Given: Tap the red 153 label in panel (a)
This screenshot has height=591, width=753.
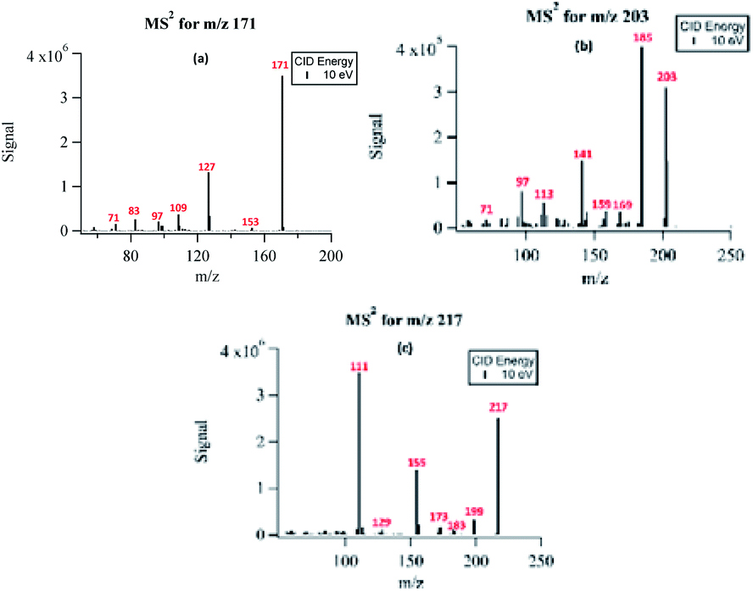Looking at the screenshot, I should (250, 221).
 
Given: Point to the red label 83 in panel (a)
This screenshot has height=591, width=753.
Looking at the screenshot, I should (135, 210).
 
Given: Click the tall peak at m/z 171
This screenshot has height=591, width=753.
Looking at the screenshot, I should (282, 153).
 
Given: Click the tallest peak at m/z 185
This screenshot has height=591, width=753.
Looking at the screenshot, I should (641, 136).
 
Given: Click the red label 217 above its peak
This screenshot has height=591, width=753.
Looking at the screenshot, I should (498, 408).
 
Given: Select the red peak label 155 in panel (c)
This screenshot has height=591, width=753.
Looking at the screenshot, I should (416, 463).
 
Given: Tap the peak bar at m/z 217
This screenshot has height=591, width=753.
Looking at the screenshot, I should (498, 475).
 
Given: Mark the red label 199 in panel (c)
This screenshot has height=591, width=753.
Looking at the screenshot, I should (474, 511).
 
